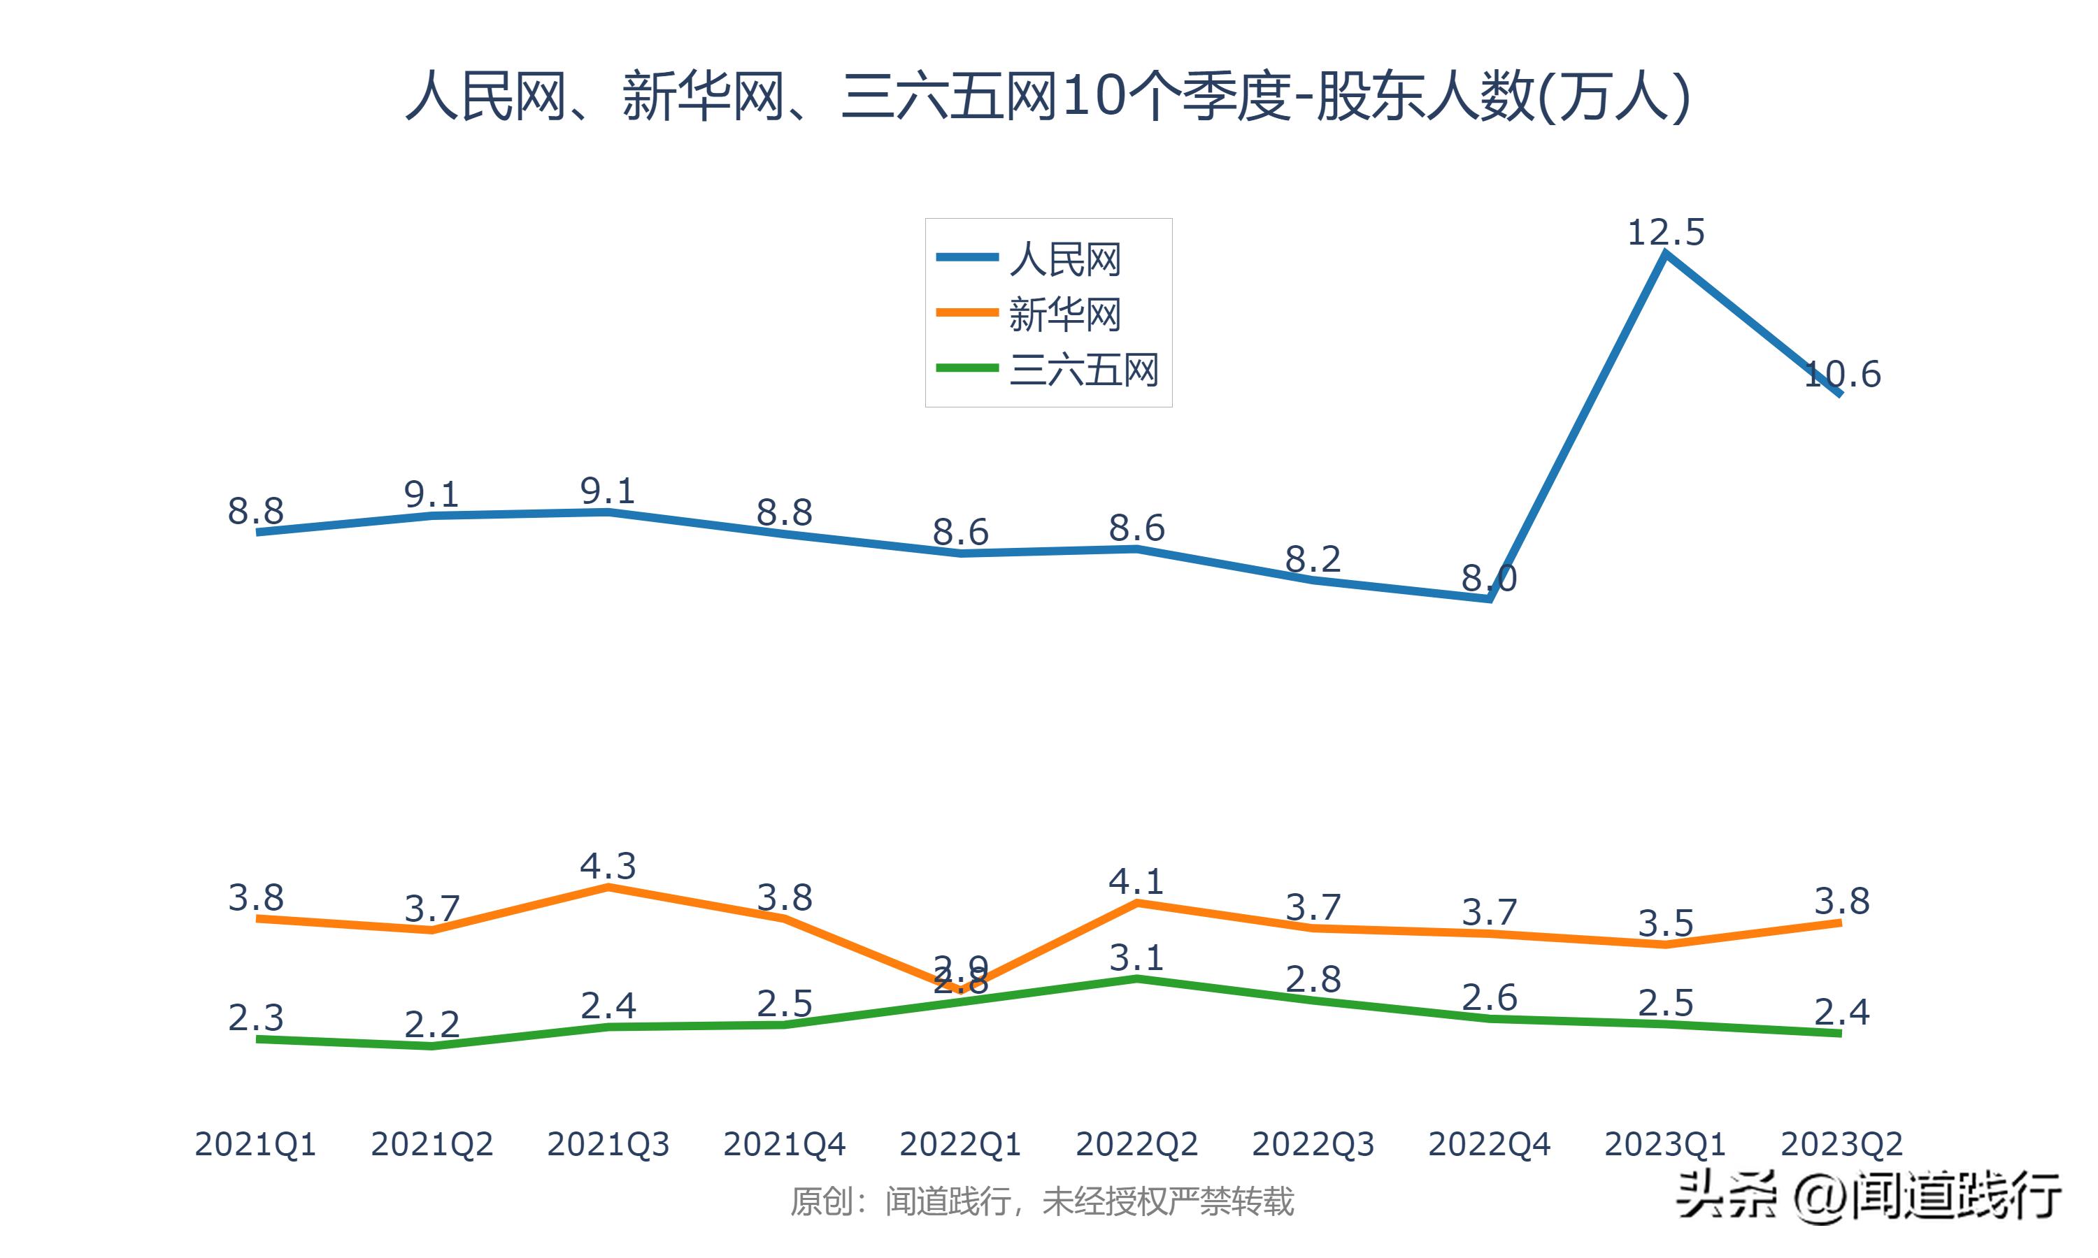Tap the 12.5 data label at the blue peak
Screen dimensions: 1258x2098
[x=1666, y=232]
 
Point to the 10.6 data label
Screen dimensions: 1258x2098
[x=1842, y=374]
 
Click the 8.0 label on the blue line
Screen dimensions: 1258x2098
[x=1489, y=579]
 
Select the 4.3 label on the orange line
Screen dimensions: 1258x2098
[x=608, y=865]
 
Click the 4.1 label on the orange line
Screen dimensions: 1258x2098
[x=1136, y=881]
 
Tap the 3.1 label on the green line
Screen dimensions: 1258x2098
[x=1136, y=958]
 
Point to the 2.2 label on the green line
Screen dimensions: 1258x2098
[x=431, y=1025]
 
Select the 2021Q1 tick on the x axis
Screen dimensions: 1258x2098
[x=255, y=1144]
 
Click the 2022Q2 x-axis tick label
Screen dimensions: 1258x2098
[x=1136, y=1144]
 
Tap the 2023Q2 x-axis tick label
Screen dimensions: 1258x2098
[x=1841, y=1144]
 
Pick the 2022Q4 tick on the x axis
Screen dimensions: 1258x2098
[x=1489, y=1144]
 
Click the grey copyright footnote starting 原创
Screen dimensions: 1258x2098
[x=1041, y=1202]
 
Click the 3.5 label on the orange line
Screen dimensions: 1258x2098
[x=1666, y=923]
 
